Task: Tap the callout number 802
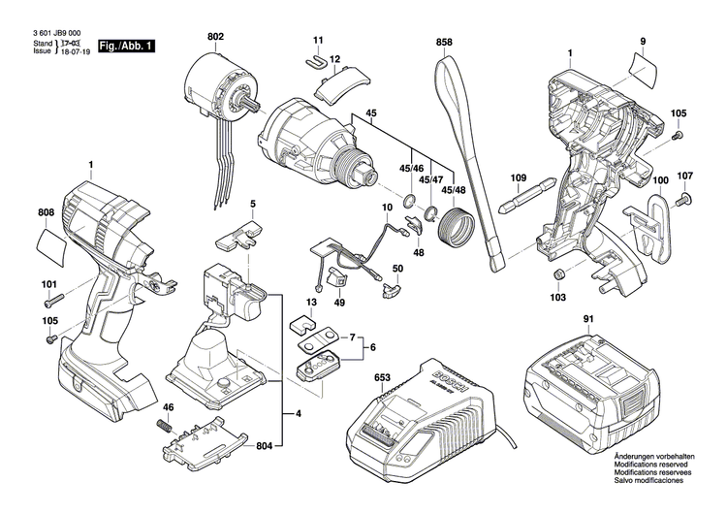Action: tap(215, 37)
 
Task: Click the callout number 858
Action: tap(445, 43)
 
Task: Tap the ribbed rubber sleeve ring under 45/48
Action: tap(454, 229)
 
